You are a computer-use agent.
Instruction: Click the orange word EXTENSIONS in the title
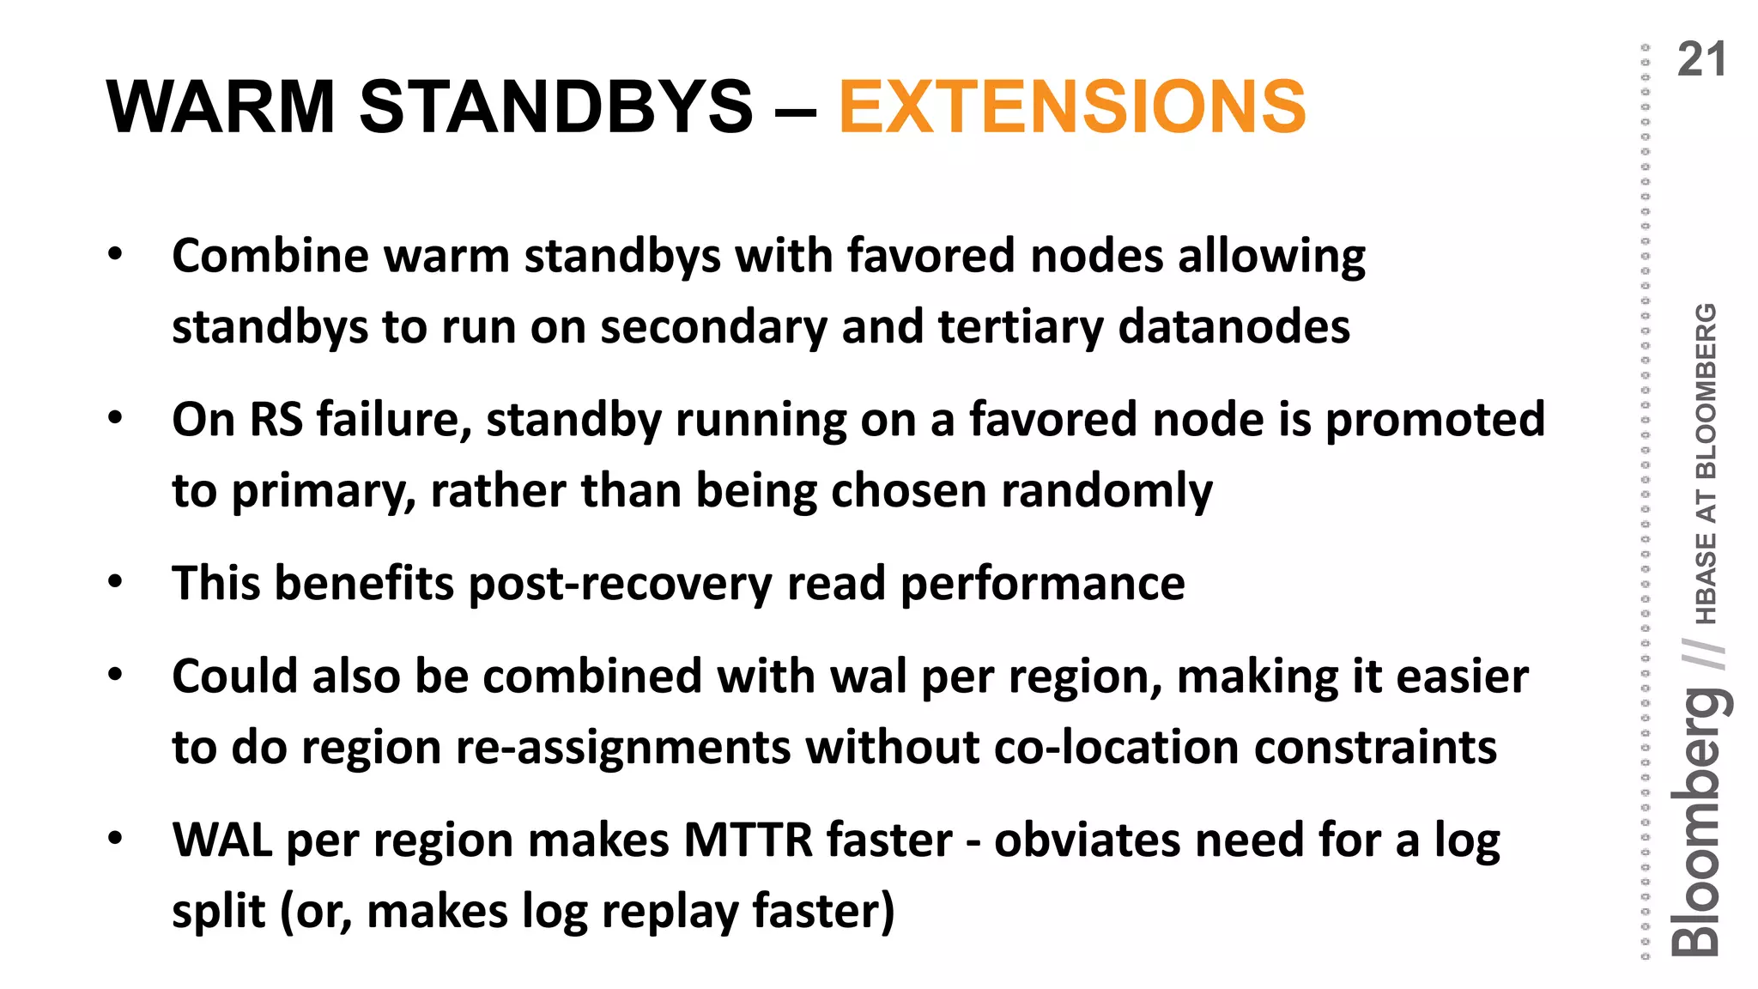pos(1071,106)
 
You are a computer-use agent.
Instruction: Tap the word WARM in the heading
pos(221,106)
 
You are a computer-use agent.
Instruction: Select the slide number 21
pos(1700,60)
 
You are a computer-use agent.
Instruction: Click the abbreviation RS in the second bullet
pos(276,420)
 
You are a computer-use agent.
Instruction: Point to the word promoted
pos(1435,420)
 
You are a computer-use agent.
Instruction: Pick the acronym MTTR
pos(748,840)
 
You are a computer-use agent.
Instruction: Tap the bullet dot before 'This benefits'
pos(115,583)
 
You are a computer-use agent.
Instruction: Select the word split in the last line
pos(218,912)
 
